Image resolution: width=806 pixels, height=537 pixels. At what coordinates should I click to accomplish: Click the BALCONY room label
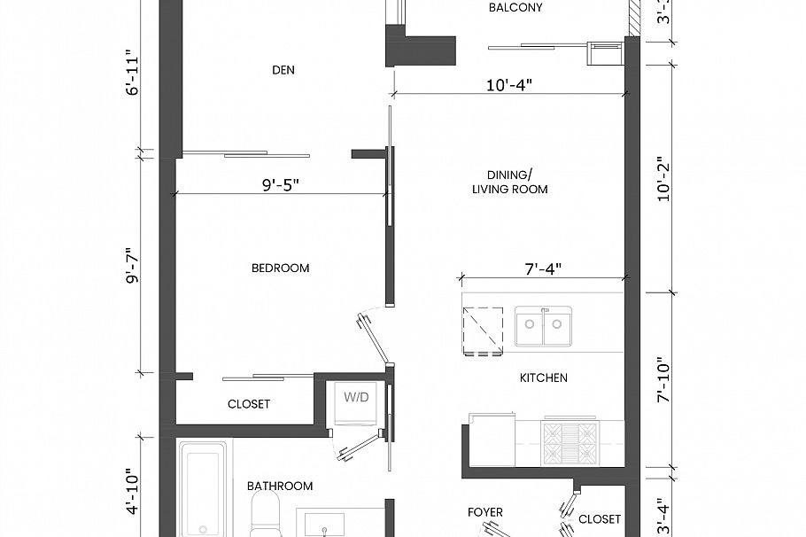[x=515, y=8]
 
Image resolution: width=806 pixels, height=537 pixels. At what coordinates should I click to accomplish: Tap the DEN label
[x=283, y=70]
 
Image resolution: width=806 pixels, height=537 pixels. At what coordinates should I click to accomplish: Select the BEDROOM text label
[x=280, y=268]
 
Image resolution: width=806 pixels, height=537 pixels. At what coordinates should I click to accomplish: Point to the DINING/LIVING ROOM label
[x=509, y=182]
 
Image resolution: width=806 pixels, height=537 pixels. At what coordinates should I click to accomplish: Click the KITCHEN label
[x=543, y=377]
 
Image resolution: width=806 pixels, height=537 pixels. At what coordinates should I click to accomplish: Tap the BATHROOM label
[x=279, y=486]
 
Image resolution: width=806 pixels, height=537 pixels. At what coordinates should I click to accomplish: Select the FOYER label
[x=484, y=512]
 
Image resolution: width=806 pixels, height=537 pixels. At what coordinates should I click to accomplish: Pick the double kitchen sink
[x=543, y=327]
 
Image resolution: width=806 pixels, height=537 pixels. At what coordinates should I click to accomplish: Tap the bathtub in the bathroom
[x=203, y=489]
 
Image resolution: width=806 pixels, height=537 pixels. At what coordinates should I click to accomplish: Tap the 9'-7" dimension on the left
[x=133, y=265]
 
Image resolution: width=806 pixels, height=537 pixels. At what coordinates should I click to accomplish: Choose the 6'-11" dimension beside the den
[x=133, y=77]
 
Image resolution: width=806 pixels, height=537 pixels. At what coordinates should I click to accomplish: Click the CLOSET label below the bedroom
[x=249, y=404]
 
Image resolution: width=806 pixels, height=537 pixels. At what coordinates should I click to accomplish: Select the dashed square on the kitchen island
[x=483, y=331]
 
